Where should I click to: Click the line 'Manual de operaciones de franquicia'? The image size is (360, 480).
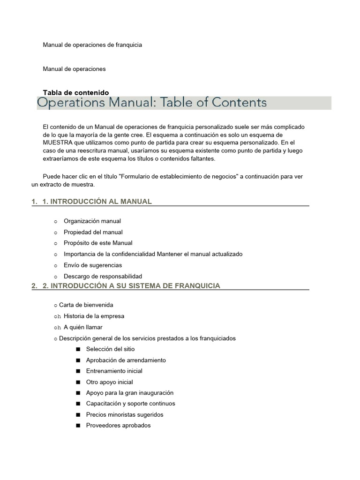coord(92,45)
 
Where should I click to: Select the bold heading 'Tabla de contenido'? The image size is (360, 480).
coord(76,93)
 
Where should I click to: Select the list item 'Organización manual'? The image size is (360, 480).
coord(92,221)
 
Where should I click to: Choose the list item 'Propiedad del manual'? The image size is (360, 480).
coord(93,232)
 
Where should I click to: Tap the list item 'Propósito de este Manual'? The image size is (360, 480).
coord(98,243)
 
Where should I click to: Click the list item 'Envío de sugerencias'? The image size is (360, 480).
coord(93,265)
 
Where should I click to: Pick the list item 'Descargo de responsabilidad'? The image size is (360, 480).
coord(103,276)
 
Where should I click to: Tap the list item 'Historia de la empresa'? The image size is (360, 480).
coord(94,316)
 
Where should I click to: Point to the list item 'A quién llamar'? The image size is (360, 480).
coord(83,327)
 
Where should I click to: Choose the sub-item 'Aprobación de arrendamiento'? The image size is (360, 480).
coord(126,360)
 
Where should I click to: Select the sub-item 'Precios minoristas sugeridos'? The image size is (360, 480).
coord(125,415)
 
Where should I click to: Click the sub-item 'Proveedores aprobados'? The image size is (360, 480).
coord(118,426)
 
